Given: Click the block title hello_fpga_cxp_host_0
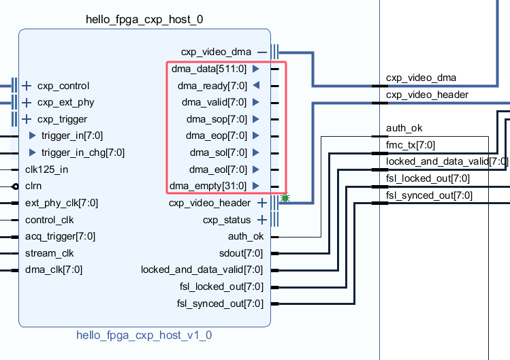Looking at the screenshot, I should [144, 19].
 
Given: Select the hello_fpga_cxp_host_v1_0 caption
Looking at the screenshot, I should [144, 335].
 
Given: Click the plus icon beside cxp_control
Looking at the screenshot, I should [27, 86].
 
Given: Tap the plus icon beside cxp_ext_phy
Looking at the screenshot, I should [27, 103].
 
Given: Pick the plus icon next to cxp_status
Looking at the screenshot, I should [262, 220].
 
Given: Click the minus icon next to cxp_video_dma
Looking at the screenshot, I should [262, 52].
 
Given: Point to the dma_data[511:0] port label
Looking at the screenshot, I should [208, 69].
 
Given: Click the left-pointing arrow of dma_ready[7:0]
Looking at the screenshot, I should [255, 86].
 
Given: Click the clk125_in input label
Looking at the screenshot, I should [48, 169].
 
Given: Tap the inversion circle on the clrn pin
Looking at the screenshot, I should [15, 186].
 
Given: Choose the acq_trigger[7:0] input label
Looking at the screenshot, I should [60, 237].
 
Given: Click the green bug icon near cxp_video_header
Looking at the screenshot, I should [285, 198].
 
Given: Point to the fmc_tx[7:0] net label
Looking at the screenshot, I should [410, 144].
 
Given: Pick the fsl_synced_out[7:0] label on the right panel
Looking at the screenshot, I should [429, 195].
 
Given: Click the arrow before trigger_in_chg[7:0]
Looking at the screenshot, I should [32, 152].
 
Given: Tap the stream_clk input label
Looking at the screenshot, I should [49, 253].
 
